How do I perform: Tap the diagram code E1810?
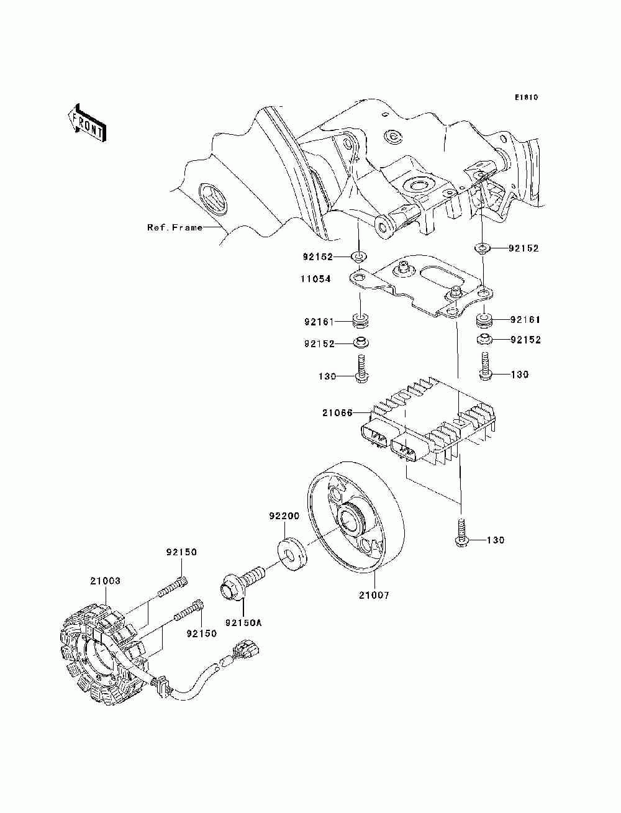click(526, 98)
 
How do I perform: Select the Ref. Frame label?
click(175, 227)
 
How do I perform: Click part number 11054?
click(315, 279)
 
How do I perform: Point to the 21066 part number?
click(337, 412)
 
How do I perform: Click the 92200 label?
click(284, 516)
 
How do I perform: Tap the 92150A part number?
click(243, 623)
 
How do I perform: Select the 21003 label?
click(105, 581)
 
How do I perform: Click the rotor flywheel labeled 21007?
click(355, 517)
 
